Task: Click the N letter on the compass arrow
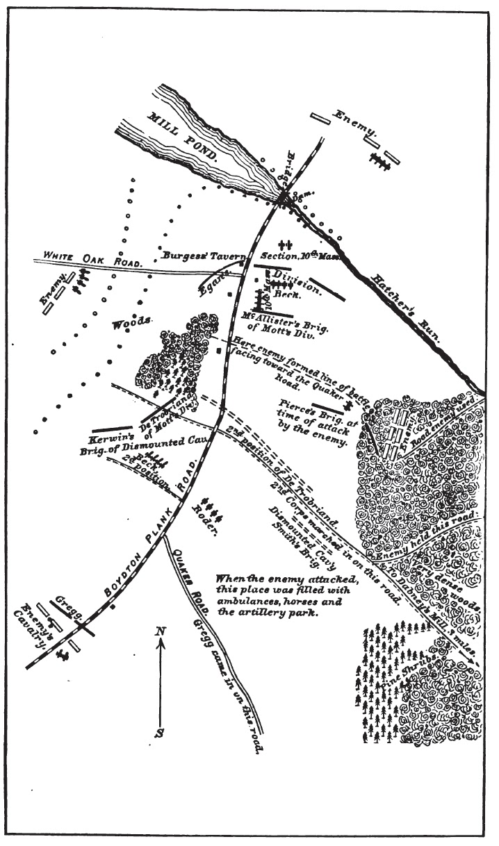[161, 631]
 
